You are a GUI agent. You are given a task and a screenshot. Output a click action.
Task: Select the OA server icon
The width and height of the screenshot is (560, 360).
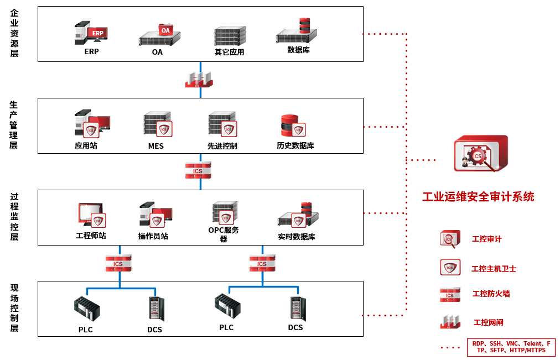159,35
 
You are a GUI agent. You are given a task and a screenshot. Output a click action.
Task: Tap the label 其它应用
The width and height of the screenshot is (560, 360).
229,53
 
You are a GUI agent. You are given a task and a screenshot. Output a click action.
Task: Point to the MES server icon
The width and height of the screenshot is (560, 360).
158,126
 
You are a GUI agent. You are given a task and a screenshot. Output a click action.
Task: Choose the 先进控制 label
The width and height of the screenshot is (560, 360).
222,146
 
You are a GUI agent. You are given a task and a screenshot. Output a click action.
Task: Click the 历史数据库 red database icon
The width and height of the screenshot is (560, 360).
293,126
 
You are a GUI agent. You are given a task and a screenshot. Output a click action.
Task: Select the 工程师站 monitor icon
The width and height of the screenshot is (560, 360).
91,215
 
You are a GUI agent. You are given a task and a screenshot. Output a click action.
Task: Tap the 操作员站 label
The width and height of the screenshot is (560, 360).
153,236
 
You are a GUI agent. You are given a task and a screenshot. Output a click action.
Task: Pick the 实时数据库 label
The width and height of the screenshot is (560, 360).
297,237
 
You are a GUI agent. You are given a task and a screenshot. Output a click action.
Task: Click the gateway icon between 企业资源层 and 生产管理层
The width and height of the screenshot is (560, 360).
199,80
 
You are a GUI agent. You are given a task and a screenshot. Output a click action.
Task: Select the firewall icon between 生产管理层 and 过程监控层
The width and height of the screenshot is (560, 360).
198,170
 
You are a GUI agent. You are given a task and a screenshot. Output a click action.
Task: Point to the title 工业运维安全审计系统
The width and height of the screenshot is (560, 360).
478,196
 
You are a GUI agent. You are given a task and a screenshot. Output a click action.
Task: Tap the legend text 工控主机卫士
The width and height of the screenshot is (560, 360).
494,269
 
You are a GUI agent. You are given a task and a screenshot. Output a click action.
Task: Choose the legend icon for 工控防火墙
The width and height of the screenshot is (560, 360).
450,294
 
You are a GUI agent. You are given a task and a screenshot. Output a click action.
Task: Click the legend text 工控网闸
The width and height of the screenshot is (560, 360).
489,322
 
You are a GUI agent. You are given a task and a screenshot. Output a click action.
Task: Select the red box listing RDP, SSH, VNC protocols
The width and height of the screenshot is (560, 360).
511,347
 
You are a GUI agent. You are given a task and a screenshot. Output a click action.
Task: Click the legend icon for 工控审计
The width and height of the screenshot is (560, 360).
449,239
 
